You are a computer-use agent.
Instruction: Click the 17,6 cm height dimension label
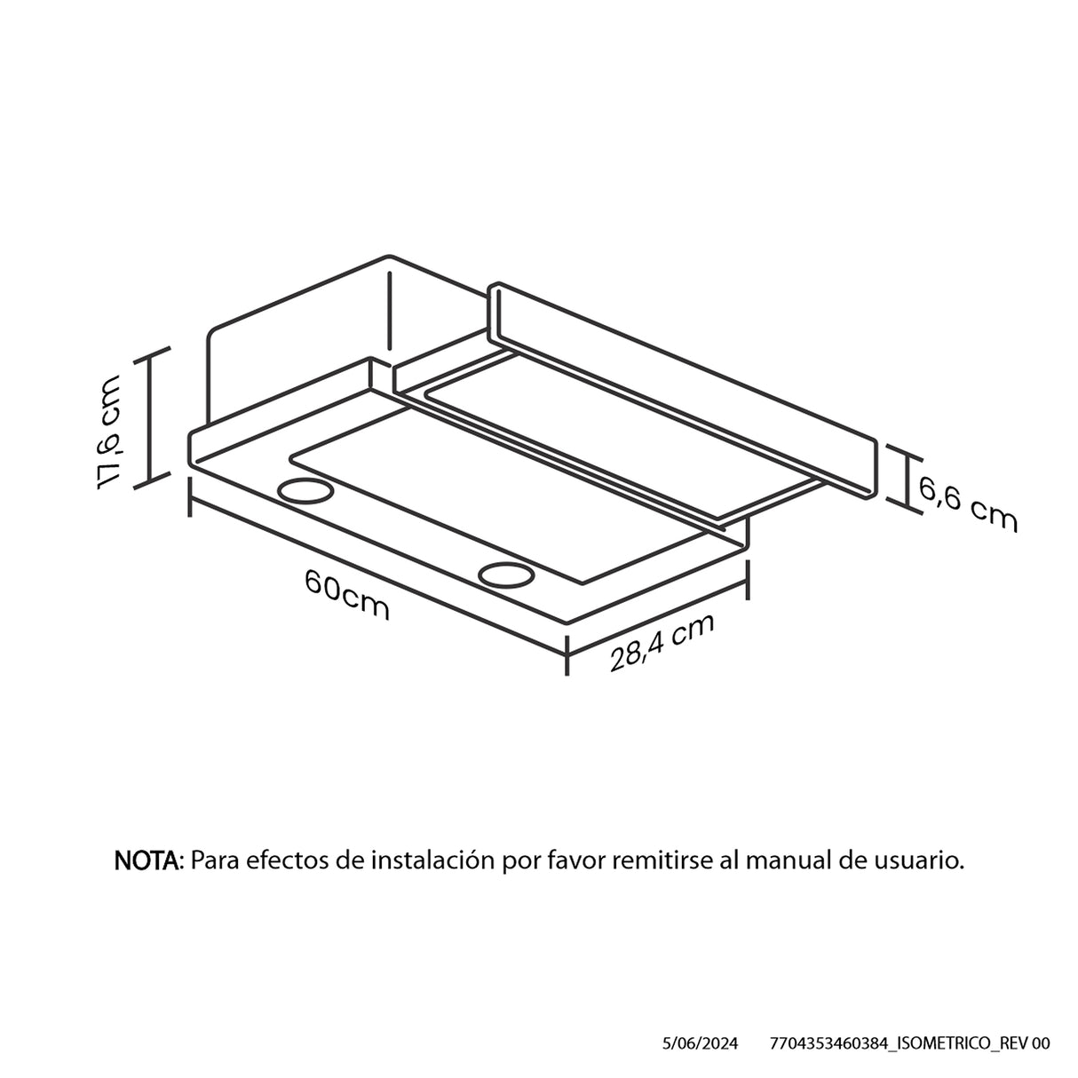[x=108, y=432]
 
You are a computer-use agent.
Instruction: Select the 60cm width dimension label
[x=347, y=594]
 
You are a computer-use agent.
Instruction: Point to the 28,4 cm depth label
[x=662, y=642]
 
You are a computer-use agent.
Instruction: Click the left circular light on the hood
[x=305, y=492]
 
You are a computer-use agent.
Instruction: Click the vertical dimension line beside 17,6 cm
[x=149, y=417]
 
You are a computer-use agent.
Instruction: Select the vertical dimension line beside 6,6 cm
[x=903, y=477]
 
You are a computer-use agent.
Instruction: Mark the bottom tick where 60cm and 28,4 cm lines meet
[x=567, y=655]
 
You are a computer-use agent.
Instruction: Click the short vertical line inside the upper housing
[x=391, y=311]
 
